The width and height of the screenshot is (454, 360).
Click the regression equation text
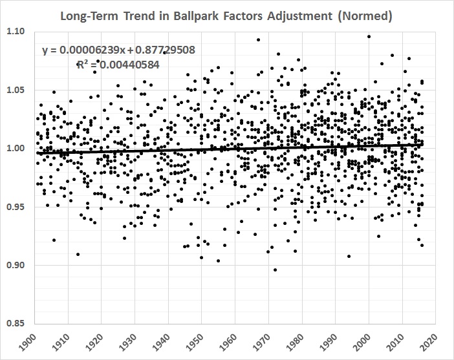(119, 50)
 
